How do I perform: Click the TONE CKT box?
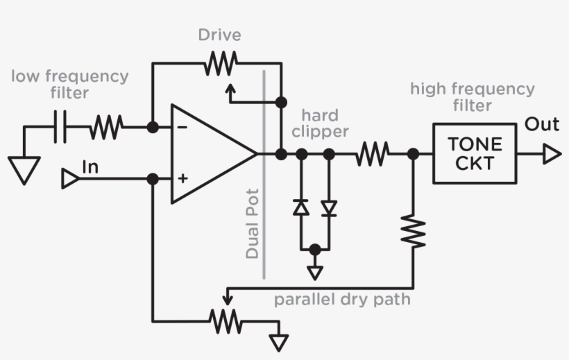tap(475, 154)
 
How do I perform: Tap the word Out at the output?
tap(541, 125)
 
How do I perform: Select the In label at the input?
tap(90, 166)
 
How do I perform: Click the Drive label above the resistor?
tap(219, 35)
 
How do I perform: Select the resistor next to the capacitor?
tap(107, 127)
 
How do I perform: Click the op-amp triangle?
tap(208, 154)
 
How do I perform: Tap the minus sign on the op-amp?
tap(182, 128)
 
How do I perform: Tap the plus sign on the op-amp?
tap(182, 179)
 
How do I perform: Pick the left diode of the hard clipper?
tap(301, 207)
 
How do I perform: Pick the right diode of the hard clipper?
tap(329, 207)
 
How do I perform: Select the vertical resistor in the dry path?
tap(414, 230)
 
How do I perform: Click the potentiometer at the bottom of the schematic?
tap(226, 320)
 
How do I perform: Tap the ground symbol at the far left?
tap(24, 169)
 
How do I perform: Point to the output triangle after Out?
tap(552, 154)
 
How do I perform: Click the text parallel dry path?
tap(341, 300)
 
